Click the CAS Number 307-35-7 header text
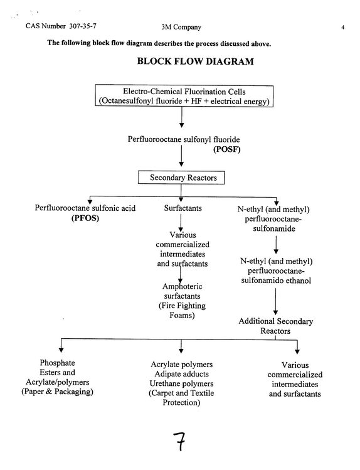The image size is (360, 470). pyautogui.click(x=61, y=26)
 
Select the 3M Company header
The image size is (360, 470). pyautogui.click(x=181, y=27)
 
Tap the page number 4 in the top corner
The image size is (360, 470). pyautogui.click(x=342, y=28)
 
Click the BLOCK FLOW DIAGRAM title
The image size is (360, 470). pyautogui.click(x=195, y=61)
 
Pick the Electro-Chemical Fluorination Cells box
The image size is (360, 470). pyautogui.click(x=184, y=96)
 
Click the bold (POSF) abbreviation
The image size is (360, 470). pyautogui.click(x=226, y=149)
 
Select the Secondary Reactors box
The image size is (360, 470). pyautogui.click(x=181, y=178)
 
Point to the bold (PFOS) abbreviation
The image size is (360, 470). pyautogui.click(x=85, y=218)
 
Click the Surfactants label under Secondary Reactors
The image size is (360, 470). pyautogui.click(x=183, y=208)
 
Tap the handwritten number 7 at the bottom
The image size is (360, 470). pyautogui.click(x=179, y=441)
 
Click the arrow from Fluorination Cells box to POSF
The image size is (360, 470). pyautogui.click(x=181, y=117)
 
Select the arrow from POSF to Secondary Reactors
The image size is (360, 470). pyautogui.click(x=181, y=156)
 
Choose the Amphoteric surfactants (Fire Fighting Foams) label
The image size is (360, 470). pyautogui.click(x=182, y=301)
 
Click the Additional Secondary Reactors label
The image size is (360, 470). pyautogui.click(x=275, y=326)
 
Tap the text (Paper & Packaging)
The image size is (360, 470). pyautogui.click(x=57, y=392)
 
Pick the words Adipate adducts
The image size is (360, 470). pyautogui.click(x=181, y=374)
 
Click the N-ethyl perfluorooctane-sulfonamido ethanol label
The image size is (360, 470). pyautogui.click(x=276, y=271)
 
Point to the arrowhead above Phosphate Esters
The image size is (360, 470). pyautogui.click(x=61, y=350)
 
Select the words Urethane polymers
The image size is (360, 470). pyautogui.click(x=181, y=383)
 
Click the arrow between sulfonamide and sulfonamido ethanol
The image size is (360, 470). pyautogui.click(x=276, y=245)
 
